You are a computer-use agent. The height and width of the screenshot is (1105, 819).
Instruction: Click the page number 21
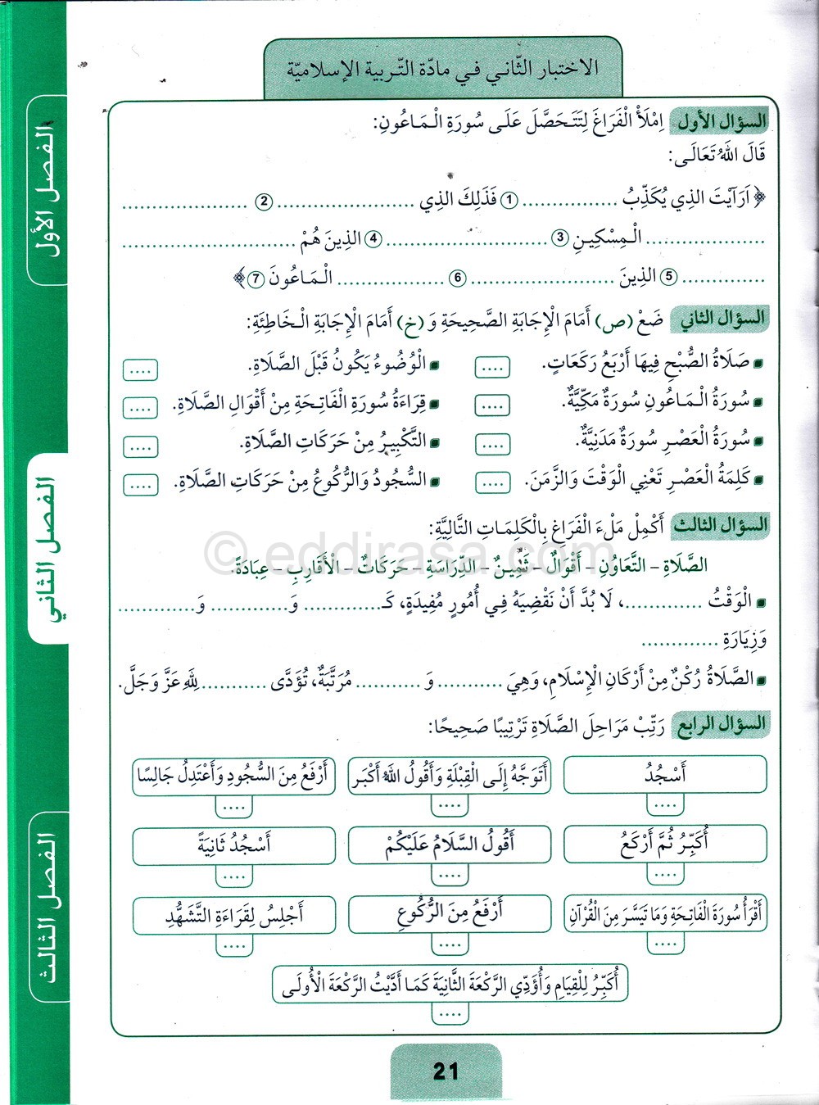tap(446, 1071)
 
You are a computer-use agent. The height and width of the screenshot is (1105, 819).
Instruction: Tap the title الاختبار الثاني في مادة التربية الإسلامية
tap(443, 69)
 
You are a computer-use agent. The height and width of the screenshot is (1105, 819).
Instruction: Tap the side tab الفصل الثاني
tap(48, 549)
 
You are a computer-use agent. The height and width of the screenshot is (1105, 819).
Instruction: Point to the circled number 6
tap(458, 279)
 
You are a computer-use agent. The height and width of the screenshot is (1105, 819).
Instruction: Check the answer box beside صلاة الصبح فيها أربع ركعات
tap(492, 369)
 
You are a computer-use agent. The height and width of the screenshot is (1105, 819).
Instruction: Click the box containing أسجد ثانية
tap(233, 845)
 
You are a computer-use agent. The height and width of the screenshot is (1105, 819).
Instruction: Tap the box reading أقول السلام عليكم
tap(449, 845)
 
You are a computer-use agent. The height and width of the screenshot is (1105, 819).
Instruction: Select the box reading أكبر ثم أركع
tap(665, 845)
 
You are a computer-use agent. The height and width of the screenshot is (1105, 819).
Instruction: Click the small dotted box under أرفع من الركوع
tap(449, 945)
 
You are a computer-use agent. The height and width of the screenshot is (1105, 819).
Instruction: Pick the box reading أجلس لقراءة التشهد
tap(233, 914)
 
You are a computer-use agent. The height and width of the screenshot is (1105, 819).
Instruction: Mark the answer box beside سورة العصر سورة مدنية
tap(492, 443)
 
